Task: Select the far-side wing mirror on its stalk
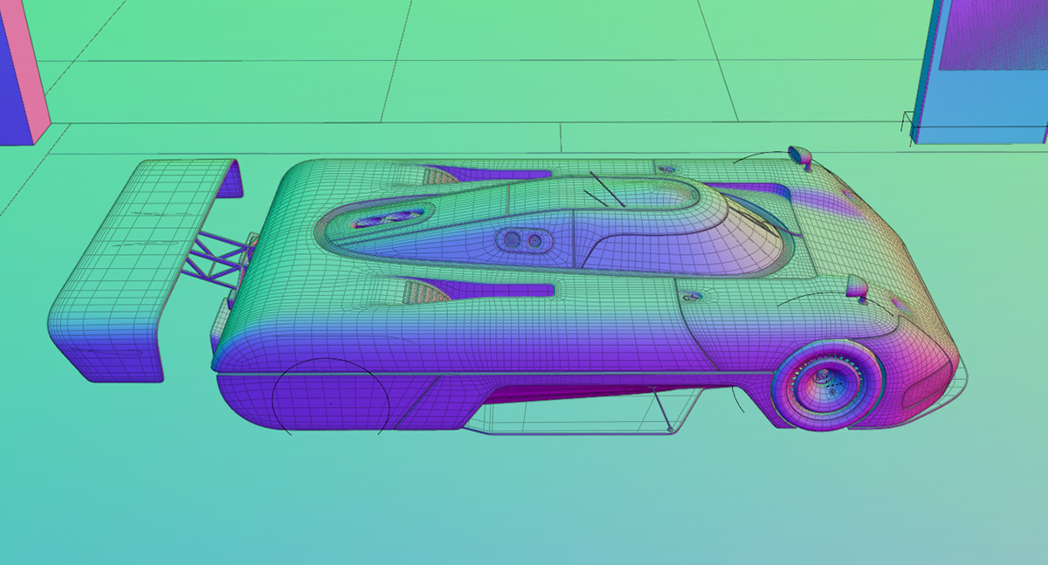800,156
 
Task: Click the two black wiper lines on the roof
605,189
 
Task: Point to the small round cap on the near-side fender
694,297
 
